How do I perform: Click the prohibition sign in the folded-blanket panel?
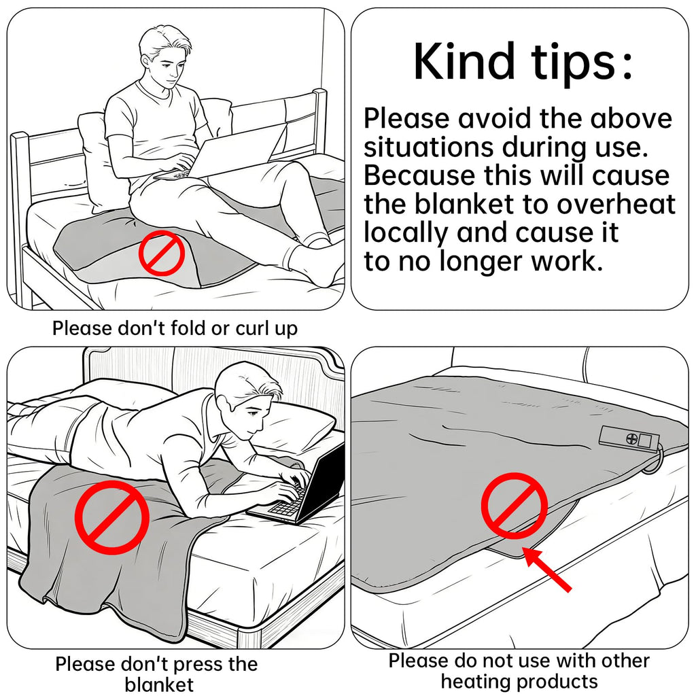point(162,253)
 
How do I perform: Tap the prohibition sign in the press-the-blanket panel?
point(112,517)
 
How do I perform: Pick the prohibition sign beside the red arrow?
point(514,506)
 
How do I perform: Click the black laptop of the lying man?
point(298,488)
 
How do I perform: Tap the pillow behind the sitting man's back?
point(95,160)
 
